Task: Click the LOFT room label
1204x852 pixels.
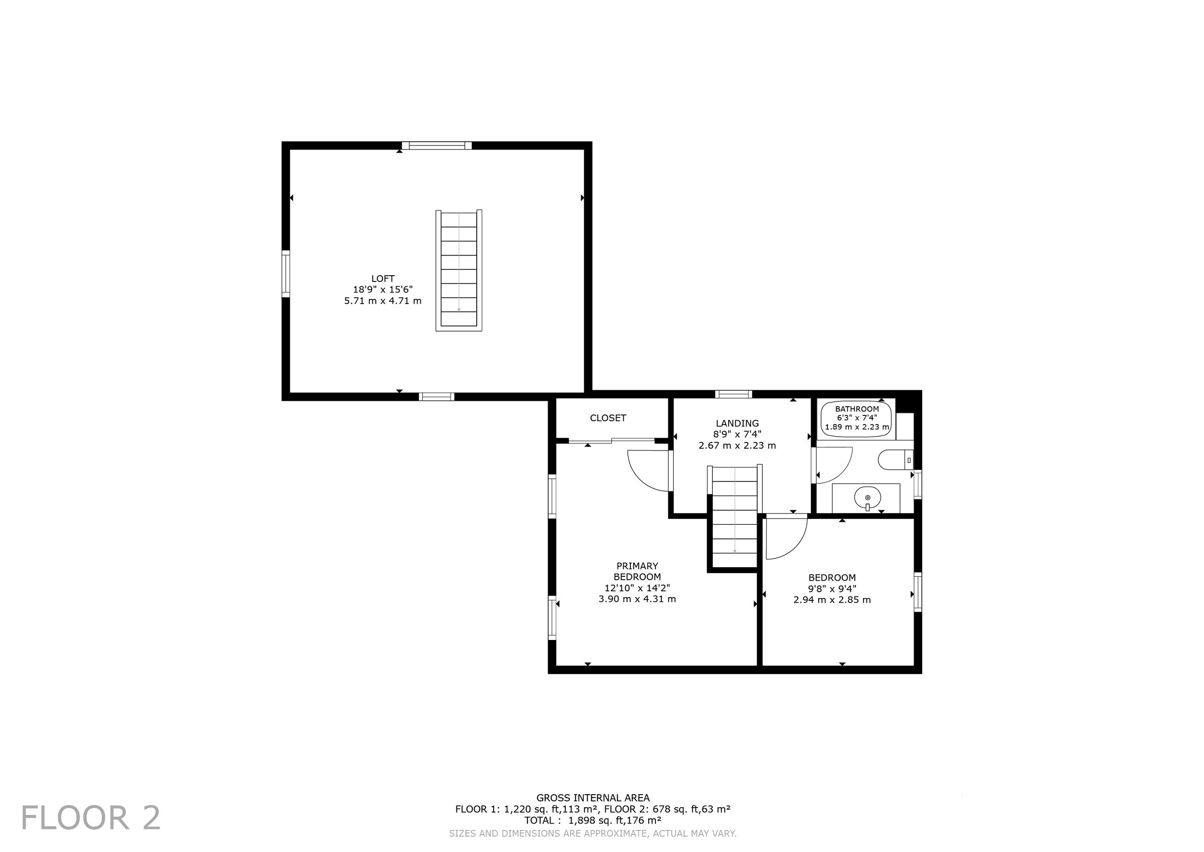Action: click(x=383, y=279)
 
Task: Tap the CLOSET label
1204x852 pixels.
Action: click(x=608, y=418)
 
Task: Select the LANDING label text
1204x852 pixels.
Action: click(x=737, y=424)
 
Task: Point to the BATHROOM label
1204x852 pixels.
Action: click(x=857, y=409)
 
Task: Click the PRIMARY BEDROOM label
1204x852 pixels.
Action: click(x=637, y=572)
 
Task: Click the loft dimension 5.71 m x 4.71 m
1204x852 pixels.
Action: click(x=383, y=301)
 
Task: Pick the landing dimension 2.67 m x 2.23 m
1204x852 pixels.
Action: click(x=737, y=446)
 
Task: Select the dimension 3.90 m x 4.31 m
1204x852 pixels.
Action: click(x=637, y=599)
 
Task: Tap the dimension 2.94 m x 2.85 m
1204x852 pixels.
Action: click(x=832, y=599)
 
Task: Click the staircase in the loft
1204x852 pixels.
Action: click(x=459, y=270)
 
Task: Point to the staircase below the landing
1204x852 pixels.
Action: click(x=734, y=517)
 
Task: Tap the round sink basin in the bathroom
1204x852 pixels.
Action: click(x=867, y=497)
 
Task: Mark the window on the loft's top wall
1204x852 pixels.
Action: click(x=437, y=146)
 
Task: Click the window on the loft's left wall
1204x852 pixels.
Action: click(x=286, y=274)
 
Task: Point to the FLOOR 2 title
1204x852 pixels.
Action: click(x=91, y=818)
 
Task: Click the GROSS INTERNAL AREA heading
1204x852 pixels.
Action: click(x=592, y=798)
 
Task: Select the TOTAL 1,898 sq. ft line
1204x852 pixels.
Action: click(x=592, y=820)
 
